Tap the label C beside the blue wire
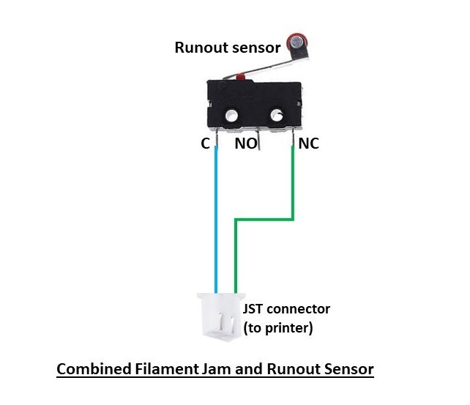coord(206,144)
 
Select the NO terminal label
coord(245,144)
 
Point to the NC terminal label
coord(309,144)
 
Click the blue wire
coord(216,220)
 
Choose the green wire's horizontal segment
coord(264,218)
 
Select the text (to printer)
coord(278,328)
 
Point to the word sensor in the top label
coord(255,48)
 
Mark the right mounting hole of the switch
coord(277,115)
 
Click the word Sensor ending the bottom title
coord(349,368)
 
